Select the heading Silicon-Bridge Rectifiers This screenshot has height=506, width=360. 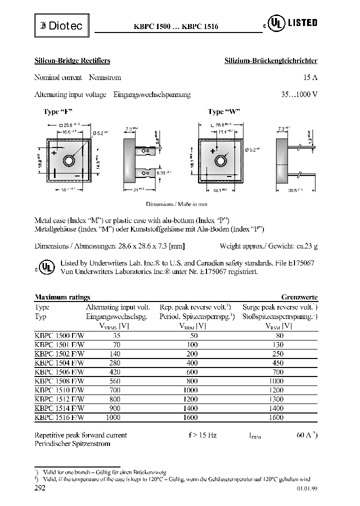(72, 60)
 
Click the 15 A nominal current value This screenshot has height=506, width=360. (310, 77)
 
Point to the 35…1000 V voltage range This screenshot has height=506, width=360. (299, 94)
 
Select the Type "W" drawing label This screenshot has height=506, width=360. (224, 112)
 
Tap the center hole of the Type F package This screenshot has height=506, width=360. (68, 161)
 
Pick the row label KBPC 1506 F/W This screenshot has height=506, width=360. (59, 372)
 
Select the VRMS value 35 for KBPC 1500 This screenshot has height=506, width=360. (117, 336)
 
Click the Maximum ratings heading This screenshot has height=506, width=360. (62, 297)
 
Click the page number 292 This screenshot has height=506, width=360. (40, 487)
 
